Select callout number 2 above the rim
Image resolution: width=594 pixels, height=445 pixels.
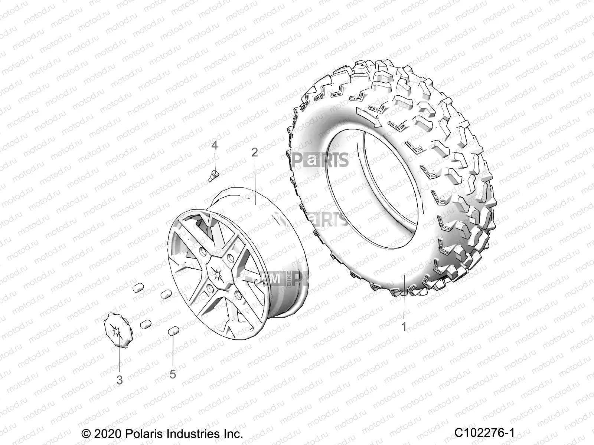coord(265,152)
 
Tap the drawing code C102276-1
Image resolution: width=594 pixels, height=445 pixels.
coord(484,433)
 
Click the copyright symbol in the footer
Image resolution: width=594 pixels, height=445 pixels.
coord(87,434)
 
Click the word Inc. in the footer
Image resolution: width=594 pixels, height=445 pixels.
coord(232,434)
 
